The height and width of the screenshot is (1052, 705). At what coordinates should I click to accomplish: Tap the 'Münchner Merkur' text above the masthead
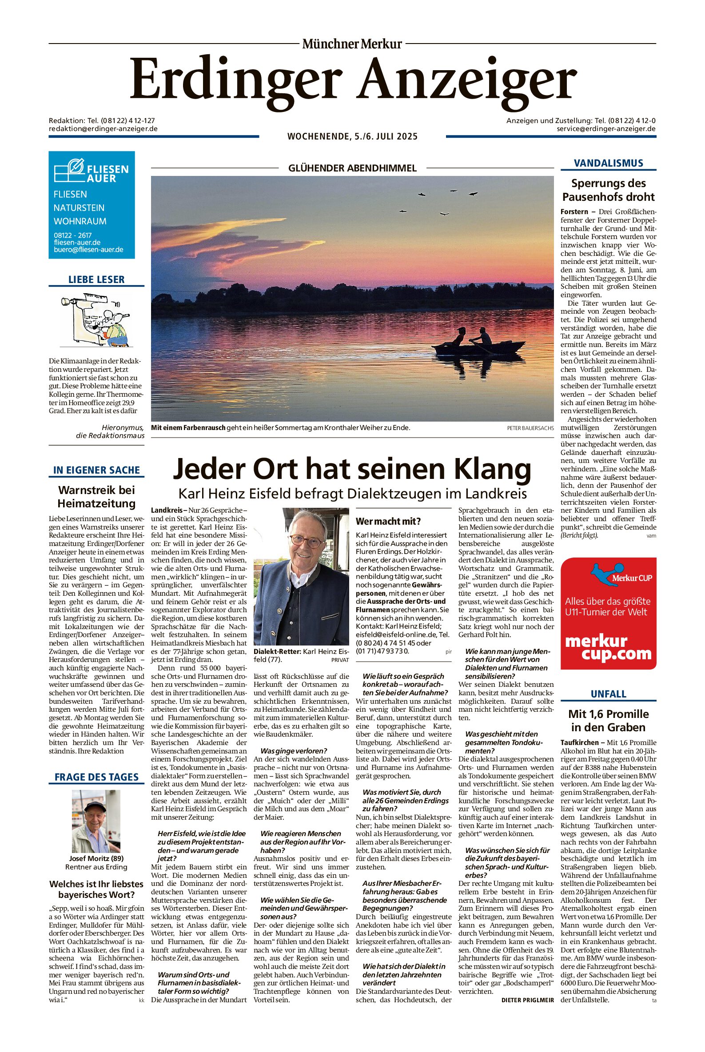coord(352,44)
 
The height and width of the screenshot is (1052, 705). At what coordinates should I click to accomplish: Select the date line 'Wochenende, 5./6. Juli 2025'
coord(353,136)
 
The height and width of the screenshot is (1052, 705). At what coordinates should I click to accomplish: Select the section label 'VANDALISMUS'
coord(608,163)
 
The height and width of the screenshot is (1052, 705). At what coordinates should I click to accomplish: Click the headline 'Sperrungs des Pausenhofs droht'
coord(608,190)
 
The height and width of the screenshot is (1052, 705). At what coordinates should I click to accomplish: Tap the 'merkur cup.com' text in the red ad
coord(608,647)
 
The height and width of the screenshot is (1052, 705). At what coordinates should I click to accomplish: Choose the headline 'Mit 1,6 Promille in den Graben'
coord(608,720)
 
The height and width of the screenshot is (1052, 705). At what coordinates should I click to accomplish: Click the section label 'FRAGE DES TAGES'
coord(96,777)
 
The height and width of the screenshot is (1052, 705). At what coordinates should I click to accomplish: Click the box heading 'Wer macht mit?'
coord(388,522)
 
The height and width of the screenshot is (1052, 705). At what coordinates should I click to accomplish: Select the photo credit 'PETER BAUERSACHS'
coord(530,428)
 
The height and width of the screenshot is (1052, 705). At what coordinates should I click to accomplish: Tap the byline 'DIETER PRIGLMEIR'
coord(527,1000)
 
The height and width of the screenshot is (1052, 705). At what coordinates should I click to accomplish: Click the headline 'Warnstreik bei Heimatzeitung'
coord(96,496)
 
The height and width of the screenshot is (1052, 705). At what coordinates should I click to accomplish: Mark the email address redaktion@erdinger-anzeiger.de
coord(103,128)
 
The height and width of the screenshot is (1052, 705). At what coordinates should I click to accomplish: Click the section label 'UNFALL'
coord(608,693)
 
